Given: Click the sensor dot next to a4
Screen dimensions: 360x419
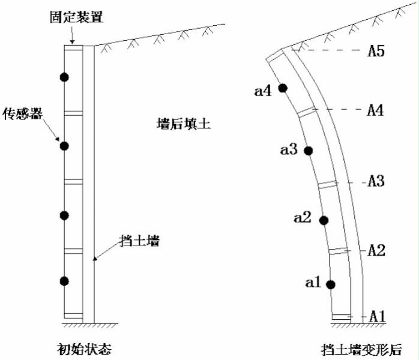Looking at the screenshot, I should [x=283, y=88].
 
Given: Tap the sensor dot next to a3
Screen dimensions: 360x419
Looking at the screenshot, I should [x=309, y=151].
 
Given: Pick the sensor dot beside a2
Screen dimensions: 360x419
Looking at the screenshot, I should [x=324, y=221].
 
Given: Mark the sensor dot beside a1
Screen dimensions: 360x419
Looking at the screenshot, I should [x=331, y=284].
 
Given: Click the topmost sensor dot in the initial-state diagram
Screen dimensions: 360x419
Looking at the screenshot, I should [x=65, y=77].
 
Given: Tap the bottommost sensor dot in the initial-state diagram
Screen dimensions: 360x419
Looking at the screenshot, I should [x=65, y=281].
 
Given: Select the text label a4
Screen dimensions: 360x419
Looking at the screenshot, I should [x=264, y=91].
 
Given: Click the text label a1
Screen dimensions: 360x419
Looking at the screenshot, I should [x=313, y=281].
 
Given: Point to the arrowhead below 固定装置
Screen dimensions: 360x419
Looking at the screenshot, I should [x=71, y=41].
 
